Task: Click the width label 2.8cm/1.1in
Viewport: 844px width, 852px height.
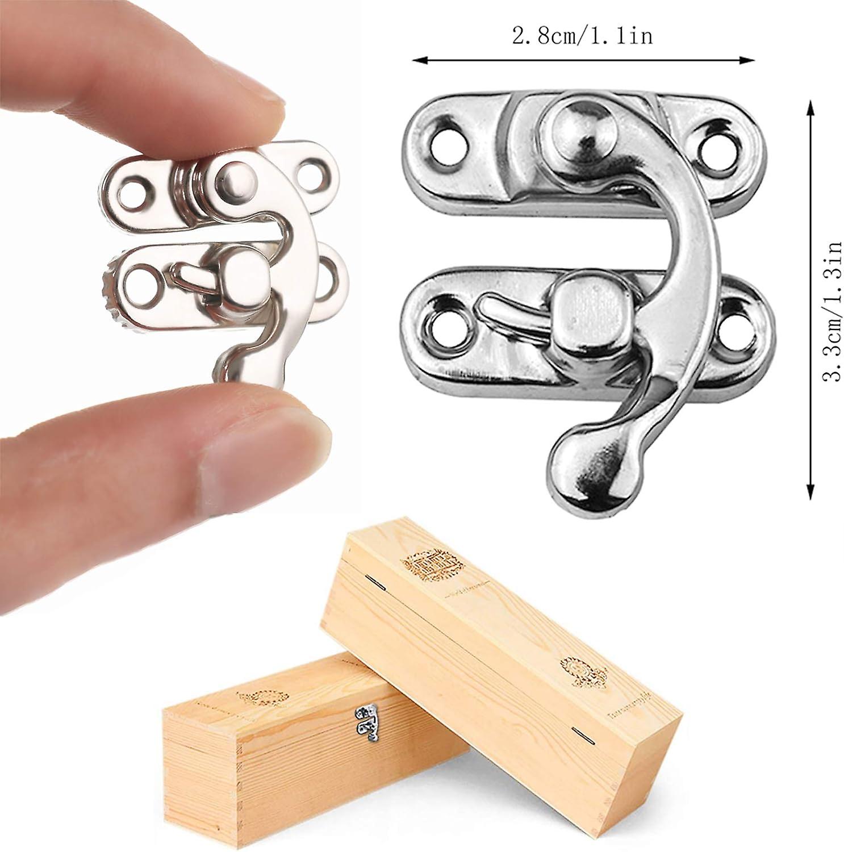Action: click(582, 36)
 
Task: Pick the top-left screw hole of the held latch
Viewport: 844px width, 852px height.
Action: click(134, 188)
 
